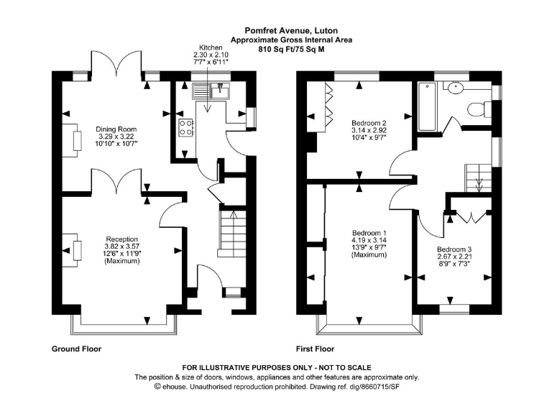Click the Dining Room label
point(116,129)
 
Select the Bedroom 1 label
point(369,233)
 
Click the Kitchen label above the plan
point(211,47)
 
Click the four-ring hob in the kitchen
point(186,128)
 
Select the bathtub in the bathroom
point(425,108)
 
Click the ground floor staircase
point(230,235)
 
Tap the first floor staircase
point(477,176)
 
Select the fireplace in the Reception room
point(75,249)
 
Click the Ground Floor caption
point(76,349)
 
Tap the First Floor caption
point(314,349)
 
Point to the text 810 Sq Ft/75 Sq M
point(276,50)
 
